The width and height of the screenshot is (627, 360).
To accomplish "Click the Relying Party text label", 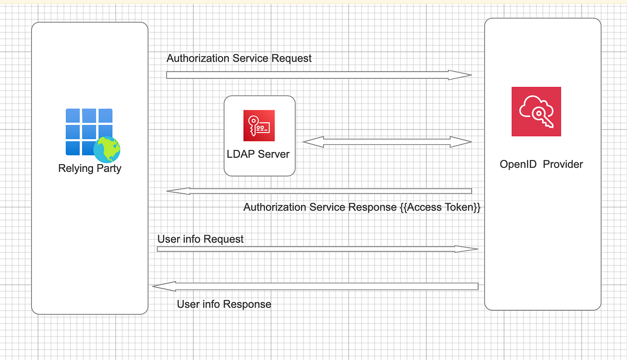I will click(x=89, y=169).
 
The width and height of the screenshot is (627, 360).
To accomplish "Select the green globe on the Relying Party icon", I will click(x=107, y=149).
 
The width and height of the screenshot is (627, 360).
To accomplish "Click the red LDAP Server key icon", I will click(x=259, y=125).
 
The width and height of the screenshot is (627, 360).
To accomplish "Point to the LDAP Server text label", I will click(x=258, y=154).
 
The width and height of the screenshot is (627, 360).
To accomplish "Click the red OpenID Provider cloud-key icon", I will click(x=536, y=111).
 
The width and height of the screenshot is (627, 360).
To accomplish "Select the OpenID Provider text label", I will click(x=541, y=165).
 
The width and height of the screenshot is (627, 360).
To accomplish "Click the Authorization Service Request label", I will click(x=239, y=59).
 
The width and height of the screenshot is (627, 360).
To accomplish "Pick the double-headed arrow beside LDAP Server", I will click(x=387, y=142).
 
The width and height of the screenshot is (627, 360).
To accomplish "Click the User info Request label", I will click(x=200, y=239).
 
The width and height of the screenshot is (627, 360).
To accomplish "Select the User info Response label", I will click(x=224, y=304).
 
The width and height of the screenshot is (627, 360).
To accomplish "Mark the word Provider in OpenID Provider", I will click(x=563, y=165).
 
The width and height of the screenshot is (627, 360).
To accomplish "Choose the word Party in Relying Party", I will click(x=109, y=169).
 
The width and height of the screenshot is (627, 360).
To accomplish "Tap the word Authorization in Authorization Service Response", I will click(x=274, y=207).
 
